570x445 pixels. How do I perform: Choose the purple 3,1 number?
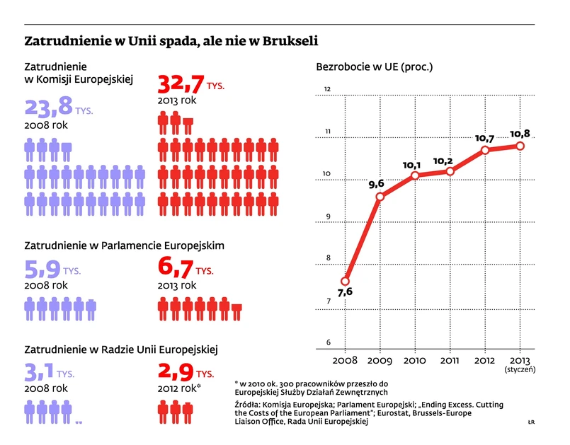click(x=40, y=372)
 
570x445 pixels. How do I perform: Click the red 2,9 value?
click(x=174, y=372)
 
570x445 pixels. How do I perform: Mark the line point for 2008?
click(x=346, y=281)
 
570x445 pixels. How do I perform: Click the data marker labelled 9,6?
click(x=380, y=197)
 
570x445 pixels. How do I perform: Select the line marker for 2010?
click(x=415, y=175)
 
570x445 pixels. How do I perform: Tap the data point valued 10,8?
click(x=520, y=146)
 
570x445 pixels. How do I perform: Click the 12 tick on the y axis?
click(x=328, y=89)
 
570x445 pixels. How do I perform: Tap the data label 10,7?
click(x=484, y=138)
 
